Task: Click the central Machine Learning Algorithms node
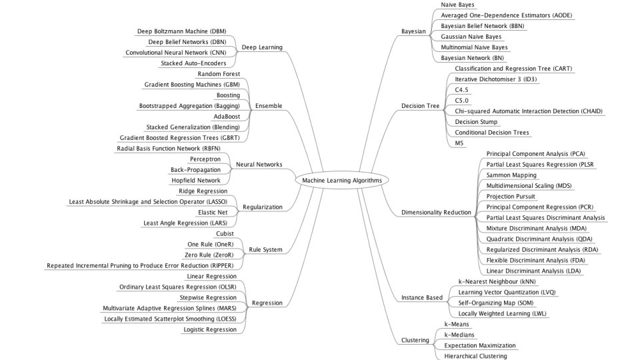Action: [x=342, y=181]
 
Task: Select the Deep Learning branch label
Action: [x=262, y=47]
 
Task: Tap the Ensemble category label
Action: [x=269, y=106]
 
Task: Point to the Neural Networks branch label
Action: [x=259, y=165]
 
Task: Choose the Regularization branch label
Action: [x=263, y=207]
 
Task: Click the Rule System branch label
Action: [x=265, y=249]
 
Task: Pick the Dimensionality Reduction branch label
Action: [x=436, y=212]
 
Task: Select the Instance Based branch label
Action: [x=421, y=297]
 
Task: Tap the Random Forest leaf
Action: [x=219, y=74]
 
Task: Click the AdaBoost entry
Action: [x=227, y=117]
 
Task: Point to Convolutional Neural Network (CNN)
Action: [x=176, y=53]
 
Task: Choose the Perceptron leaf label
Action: [x=205, y=159]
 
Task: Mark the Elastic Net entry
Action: [x=213, y=212]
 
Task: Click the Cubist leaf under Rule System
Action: [x=225, y=234]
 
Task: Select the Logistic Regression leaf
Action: [x=210, y=329]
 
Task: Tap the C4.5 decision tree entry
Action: [x=461, y=90]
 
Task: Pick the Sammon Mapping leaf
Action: [x=511, y=175]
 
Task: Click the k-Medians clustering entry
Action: [x=459, y=335]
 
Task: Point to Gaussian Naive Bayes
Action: [x=471, y=37]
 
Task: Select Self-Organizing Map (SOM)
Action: [x=496, y=303]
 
